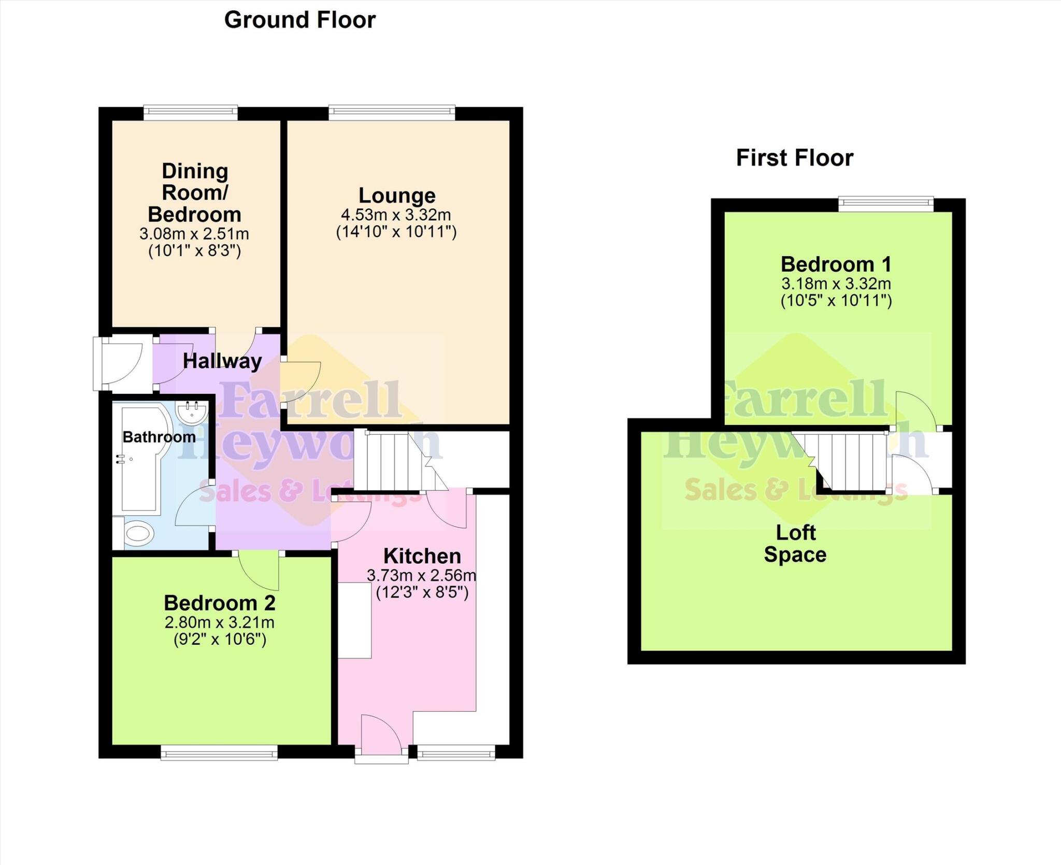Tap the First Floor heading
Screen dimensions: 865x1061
(x=794, y=158)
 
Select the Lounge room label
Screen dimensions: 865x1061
(x=397, y=195)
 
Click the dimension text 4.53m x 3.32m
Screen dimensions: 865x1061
(x=396, y=215)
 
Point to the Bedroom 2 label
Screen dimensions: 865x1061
(x=220, y=603)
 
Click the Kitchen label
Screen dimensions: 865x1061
(x=422, y=556)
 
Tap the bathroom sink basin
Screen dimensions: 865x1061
(x=192, y=413)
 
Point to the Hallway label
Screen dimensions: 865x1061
(x=222, y=361)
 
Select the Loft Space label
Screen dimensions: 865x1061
(x=795, y=544)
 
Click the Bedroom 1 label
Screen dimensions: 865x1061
(x=836, y=264)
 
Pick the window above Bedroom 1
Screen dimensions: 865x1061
(x=886, y=204)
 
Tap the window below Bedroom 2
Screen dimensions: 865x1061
(x=219, y=753)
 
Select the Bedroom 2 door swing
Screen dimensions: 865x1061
(x=262, y=570)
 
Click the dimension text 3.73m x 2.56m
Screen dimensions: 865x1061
(x=421, y=575)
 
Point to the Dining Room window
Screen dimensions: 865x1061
(x=191, y=112)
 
